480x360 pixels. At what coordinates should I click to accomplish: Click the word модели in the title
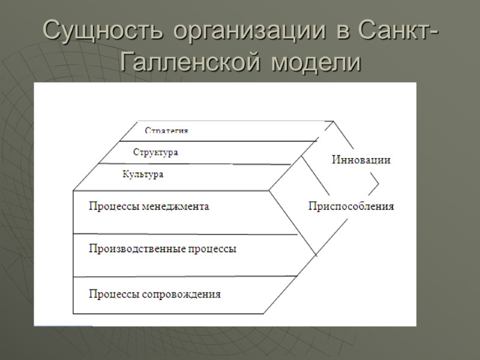coord(314,61)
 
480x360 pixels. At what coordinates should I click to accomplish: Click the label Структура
coord(155,152)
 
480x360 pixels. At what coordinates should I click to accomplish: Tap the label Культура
coord(143,175)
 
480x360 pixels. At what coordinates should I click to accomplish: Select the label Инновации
coord(361,160)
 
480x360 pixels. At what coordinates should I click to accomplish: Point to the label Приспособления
coord(351,206)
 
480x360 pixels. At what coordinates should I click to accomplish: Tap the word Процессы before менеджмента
coord(111,206)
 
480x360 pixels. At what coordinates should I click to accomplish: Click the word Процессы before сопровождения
coord(111,295)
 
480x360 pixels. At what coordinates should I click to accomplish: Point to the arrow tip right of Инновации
coord(379,181)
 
